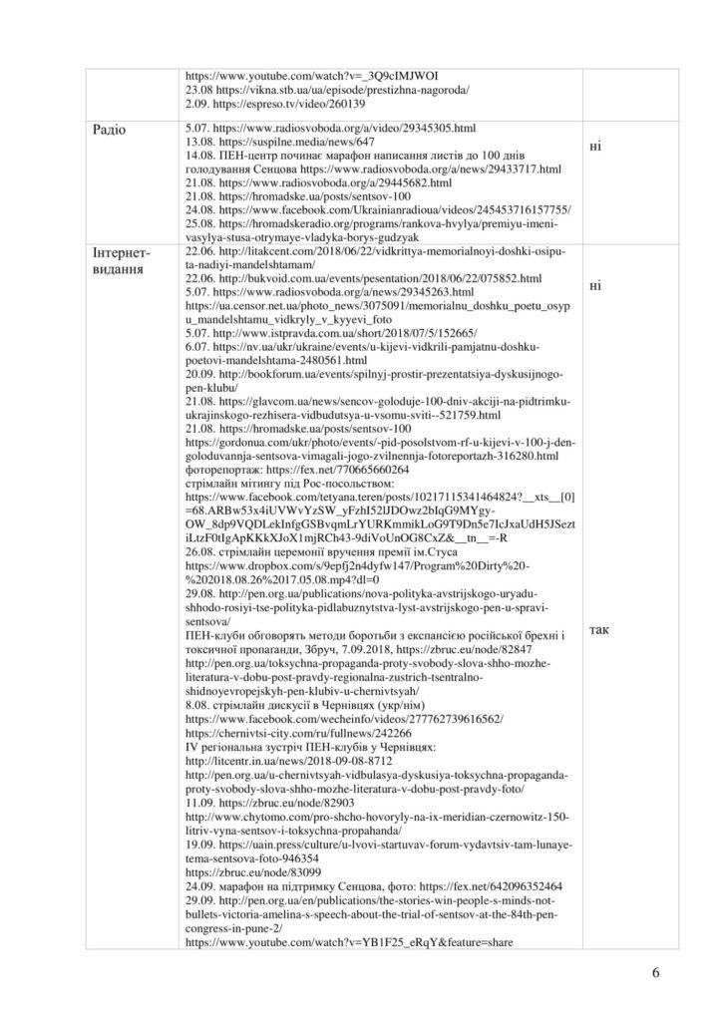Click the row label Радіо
pyautogui.click(x=109, y=130)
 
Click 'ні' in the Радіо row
pyautogui.click(x=595, y=146)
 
